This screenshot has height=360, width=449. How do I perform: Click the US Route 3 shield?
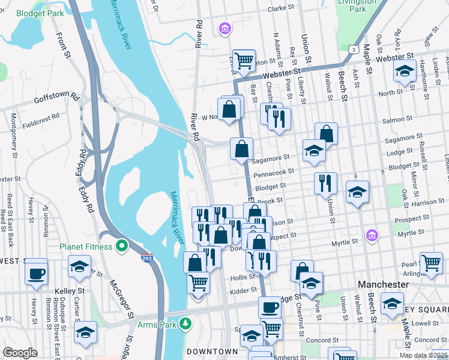pyautogui.click(x=355, y=49)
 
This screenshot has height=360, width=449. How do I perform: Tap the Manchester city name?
pyautogui.click(x=384, y=284)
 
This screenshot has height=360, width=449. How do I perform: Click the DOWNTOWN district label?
pyautogui.click(x=212, y=351)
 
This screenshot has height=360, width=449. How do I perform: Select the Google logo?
pyautogui.click(x=20, y=353)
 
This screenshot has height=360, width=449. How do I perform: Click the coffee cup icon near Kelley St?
pyautogui.click(x=37, y=273)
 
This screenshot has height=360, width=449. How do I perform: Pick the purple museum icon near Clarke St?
pyautogui.click(x=225, y=28)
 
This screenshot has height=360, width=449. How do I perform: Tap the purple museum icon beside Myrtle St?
pyautogui.click(x=372, y=235)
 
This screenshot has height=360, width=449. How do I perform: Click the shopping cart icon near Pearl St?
pyautogui.click(x=430, y=262)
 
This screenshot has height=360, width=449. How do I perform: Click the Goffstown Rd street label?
pyautogui.click(x=57, y=97)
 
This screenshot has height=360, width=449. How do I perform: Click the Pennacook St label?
pyautogui.click(x=274, y=172)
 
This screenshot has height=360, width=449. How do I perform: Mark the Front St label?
pyautogui.click(x=63, y=45)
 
